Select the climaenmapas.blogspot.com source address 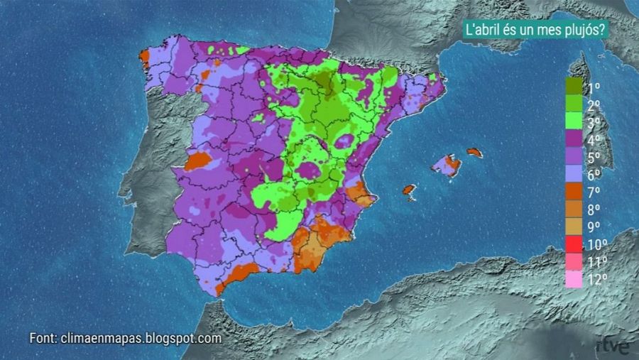tap(142, 339)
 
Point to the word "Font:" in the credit tap(43, 339)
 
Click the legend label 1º tap(594, 89)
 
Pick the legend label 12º tap(597, 279)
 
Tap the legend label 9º tap(594, 227)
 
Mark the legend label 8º tap(594, 209)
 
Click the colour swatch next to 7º tap(574, 192)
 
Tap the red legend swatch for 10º tap(574, 244)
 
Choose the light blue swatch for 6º tap(574, 175)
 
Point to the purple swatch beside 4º tap(574, 140)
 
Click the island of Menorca tap(474, 152)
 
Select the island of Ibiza tap(408, 190)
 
